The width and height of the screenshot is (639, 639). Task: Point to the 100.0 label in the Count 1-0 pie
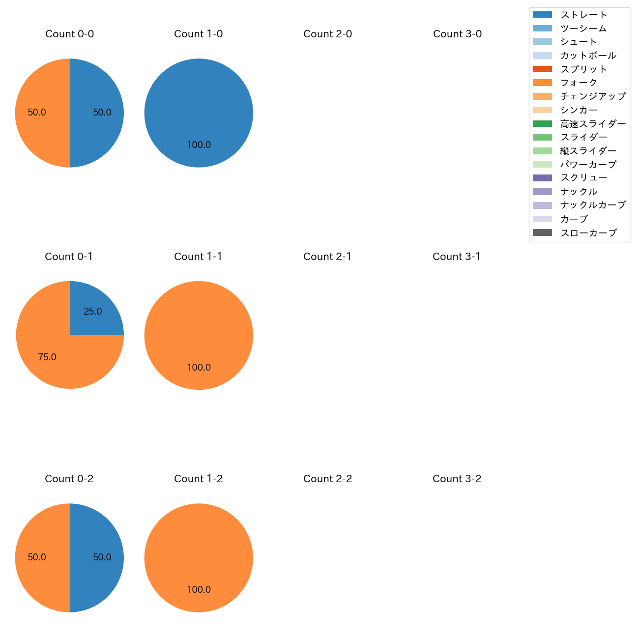pyautogui.click(x=199, y=145)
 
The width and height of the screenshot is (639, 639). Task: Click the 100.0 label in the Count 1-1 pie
pyautogui.click(x=199, y=368)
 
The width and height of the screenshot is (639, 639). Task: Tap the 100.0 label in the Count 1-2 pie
pyautogui.click(x=199, y=590)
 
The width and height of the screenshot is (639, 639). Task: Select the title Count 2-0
pyautogui.click(x=327, y=34)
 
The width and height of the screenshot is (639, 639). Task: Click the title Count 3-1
pyautogui.click(x=457, y=257)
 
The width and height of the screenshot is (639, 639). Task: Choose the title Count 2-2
pyautogui.click(x=327, y=479)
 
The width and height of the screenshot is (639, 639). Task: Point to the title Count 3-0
pyautogui.click(x=457, y=34)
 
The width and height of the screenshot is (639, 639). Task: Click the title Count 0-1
pyautogui.click(x=69, y=257)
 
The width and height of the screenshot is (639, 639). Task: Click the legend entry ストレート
pyautogui.click(x=583, y=15)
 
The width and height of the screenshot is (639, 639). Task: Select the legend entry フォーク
pyautogui.click(x=579, y=83)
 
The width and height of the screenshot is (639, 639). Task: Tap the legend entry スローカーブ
pyautogui.click(x=588, y=233)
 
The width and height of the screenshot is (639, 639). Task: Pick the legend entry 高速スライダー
pyautogui.click(x=593, y=124)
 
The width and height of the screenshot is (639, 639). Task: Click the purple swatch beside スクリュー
pyautogui.click(x=542, y=178)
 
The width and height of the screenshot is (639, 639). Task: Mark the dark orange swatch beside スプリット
pyautogui.click(x=542, y=69)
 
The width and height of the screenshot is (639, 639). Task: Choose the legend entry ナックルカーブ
pyautogui.click(x=593, y=205)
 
